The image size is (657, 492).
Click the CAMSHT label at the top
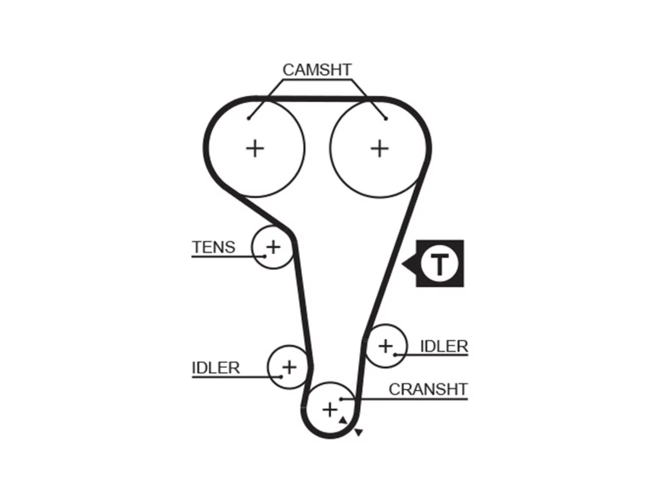317,70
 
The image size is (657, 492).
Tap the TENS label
214,247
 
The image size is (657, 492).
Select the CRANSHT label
428,389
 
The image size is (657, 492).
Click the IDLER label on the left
216,368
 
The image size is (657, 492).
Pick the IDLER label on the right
444,346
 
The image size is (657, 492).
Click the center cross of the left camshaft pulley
255,149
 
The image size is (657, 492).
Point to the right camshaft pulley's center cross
380,149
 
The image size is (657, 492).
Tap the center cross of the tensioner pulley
273,248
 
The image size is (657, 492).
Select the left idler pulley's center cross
289,367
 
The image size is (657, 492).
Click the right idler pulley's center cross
385,346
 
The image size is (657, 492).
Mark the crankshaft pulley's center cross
330,410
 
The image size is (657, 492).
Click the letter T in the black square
439,264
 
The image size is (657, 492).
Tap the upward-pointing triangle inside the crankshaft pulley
343,420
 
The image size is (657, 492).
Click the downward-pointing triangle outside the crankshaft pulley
359,432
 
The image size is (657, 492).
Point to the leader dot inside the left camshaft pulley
248,118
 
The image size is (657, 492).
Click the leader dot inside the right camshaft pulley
386,118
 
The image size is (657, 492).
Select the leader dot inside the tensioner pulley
264,256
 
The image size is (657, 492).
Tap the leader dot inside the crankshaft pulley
341,399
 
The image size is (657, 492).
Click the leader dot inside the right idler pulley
395,355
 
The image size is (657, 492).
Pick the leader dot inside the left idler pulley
280,377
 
